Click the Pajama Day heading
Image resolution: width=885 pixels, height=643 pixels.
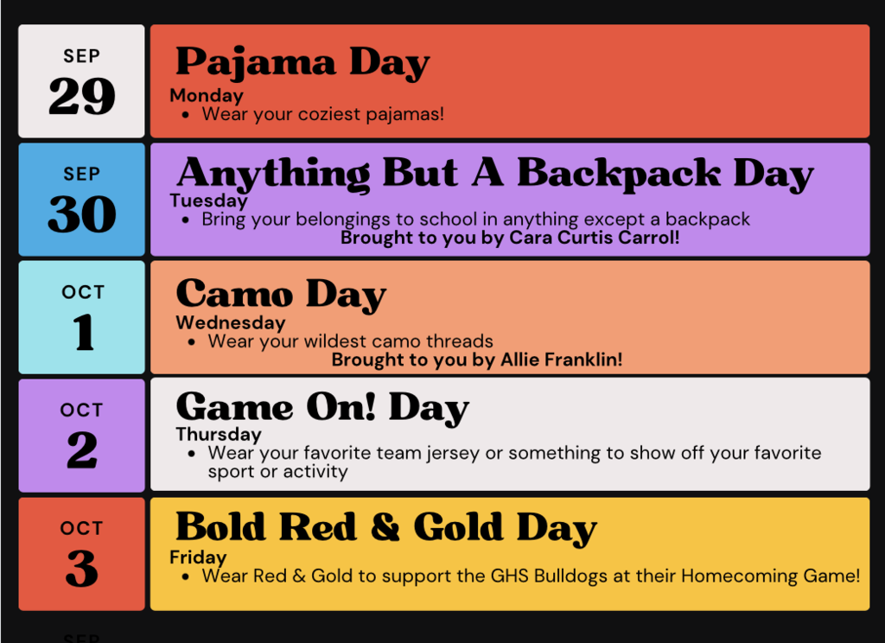(302, 63)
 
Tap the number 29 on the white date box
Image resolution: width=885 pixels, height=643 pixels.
(82, 96)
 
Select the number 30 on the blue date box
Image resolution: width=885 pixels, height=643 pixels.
(82, 214)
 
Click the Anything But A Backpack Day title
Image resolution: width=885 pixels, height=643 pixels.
(495, 174)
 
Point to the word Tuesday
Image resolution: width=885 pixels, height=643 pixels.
(209, 201)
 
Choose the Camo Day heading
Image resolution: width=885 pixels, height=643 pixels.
(281, 296)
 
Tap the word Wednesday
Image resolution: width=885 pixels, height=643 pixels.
(231, 323)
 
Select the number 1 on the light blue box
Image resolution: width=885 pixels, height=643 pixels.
(83, 332)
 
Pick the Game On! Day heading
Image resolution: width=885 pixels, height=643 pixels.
(322, 408)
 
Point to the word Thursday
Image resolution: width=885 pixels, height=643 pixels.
(219, 435)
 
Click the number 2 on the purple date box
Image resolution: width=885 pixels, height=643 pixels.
(82, 450)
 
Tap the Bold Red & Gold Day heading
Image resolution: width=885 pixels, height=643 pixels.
(386, 528)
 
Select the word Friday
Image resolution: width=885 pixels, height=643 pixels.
(198, 557)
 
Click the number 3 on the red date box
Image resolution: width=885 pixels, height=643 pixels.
(82, 569)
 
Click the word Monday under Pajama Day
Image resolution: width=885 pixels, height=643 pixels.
(207, 96)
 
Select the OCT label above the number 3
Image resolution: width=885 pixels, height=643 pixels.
(82, 528)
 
